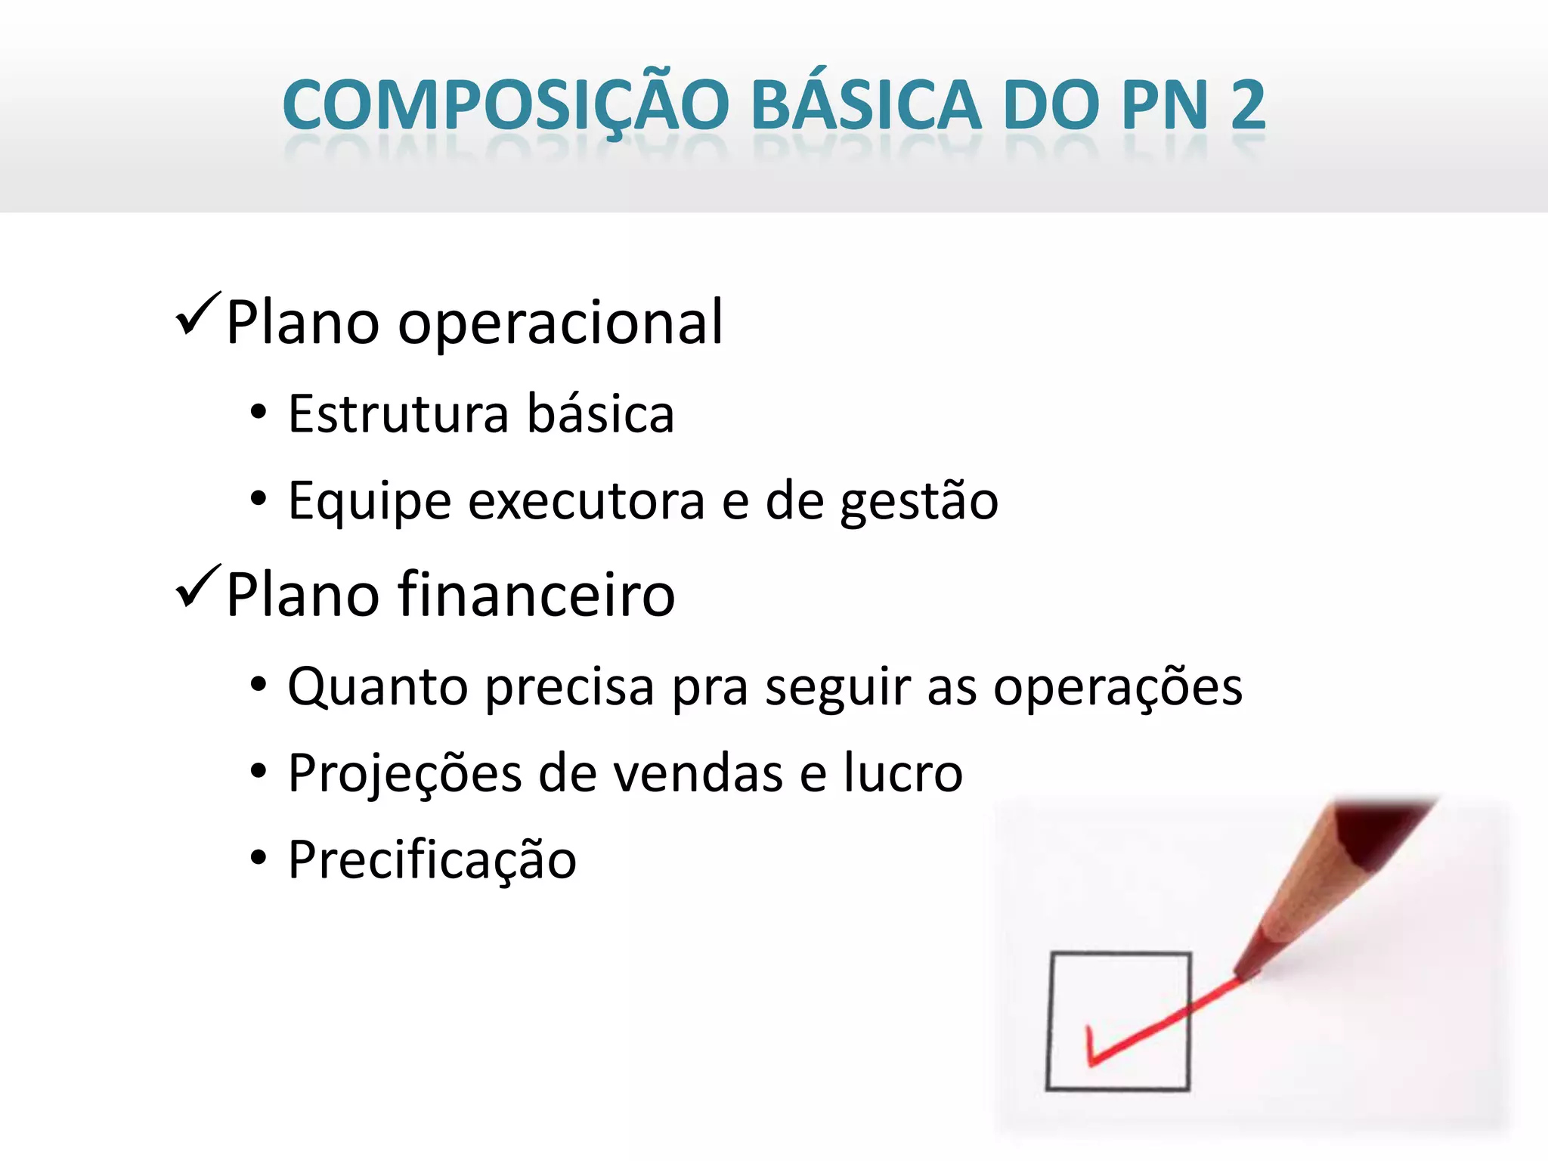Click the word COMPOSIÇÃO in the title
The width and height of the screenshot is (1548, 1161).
coord(506,106)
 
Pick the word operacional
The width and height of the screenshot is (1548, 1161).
coord(560,324)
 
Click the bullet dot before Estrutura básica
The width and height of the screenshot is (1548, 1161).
coord(259,413)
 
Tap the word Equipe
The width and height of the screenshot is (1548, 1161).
coord(370,501)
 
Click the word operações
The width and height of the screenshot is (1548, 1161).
coord(1117,687)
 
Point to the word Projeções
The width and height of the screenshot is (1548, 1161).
coord(405,774)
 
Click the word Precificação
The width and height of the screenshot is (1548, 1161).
coord(432,860)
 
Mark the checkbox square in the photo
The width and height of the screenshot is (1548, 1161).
coord(1119,1020)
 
